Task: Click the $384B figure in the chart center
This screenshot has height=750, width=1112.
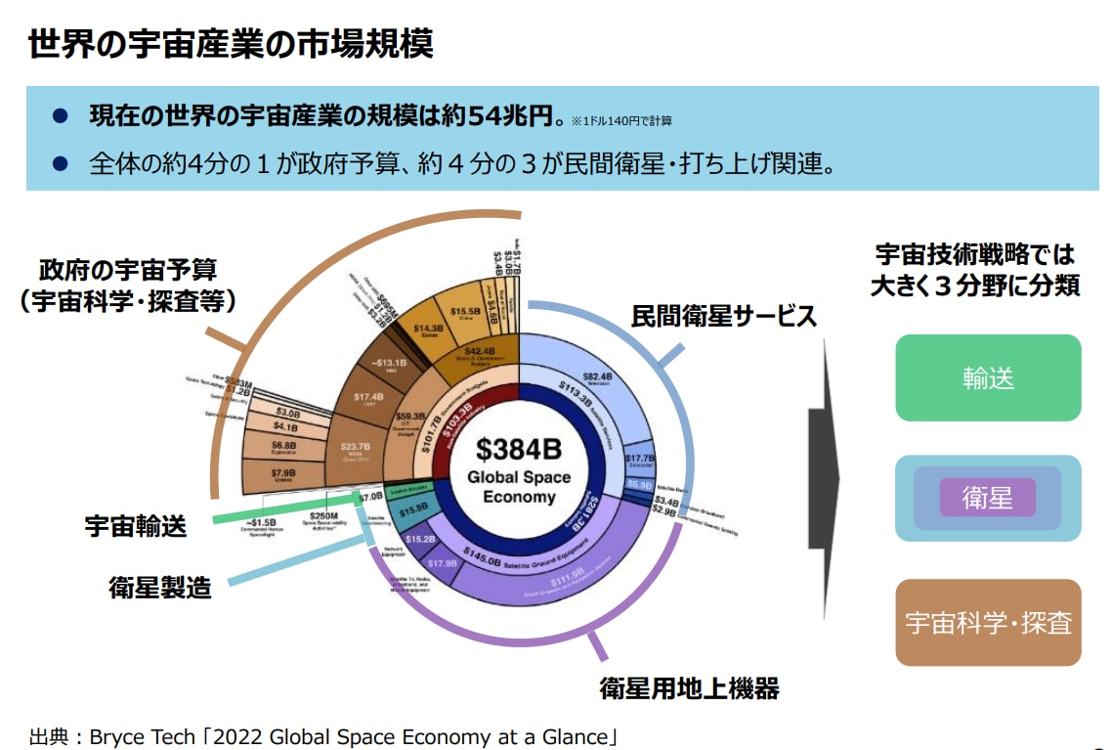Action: pyautogui.click(x=519, y=450)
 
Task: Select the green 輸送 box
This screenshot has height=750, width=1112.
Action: pyautogui.click(x=988, y=378)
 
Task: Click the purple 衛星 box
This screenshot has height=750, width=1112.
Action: pyautogui.click(x=987, y=498)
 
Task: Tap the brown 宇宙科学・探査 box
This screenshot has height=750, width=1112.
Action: pyautogui.click(x=988, y=623)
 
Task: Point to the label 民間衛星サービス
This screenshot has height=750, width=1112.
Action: pyautogui.click(x=723, y=317)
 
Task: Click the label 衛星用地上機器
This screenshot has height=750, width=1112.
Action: pyautogui.click(x=689, y=688)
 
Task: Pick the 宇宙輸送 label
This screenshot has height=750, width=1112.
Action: pyautogui.click(x=135, y=526)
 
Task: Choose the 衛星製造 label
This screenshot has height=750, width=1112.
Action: pyautogui.click(x=159, y=587)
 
